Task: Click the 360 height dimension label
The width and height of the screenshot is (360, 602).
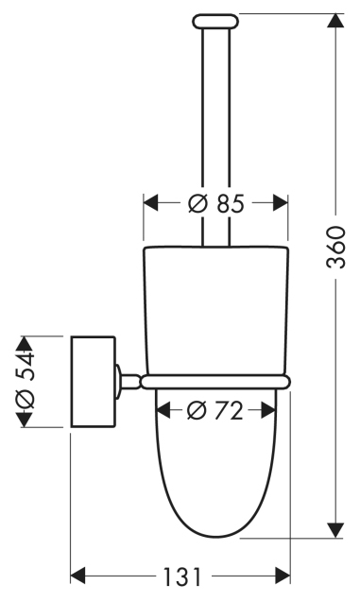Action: click(x=336, y=247)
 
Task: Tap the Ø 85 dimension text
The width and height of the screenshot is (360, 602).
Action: click(x=216, y=203)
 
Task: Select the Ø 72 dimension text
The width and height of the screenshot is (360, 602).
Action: click(x=214, y=410)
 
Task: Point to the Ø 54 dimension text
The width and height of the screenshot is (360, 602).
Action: click(x=25, y=381)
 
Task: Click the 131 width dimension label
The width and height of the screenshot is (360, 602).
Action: click(x=182, y=576)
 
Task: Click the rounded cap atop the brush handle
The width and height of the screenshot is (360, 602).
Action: click(x=215, y=21)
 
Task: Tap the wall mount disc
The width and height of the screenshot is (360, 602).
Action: click(x=94, y=382)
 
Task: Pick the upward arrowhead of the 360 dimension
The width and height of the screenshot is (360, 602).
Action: click(x=336, y=21)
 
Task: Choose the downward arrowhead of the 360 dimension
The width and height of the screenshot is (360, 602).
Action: click(x=336, y=530)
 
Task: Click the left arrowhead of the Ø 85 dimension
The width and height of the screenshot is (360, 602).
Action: click(x=151, y=202)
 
